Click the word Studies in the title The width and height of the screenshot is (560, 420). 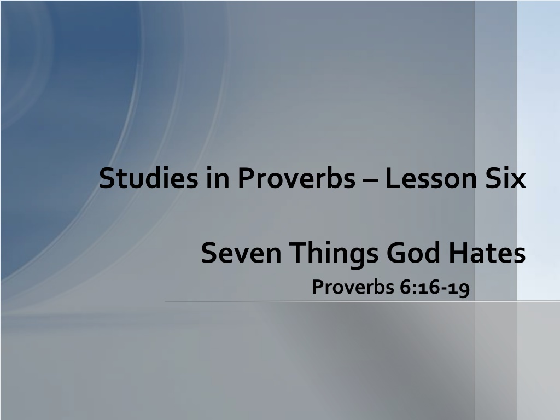coord(148,178)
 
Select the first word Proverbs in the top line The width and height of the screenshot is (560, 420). coord(296,179)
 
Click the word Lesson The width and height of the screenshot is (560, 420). coord(431,178)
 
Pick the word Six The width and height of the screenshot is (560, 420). coord(505,178)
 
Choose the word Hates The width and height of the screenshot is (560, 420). coord(487,253)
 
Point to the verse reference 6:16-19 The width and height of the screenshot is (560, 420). coord(435,288)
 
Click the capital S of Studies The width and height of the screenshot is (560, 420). coord(107,178)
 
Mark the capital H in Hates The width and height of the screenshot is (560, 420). coord(458,253)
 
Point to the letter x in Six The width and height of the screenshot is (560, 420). coord(518,180)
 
